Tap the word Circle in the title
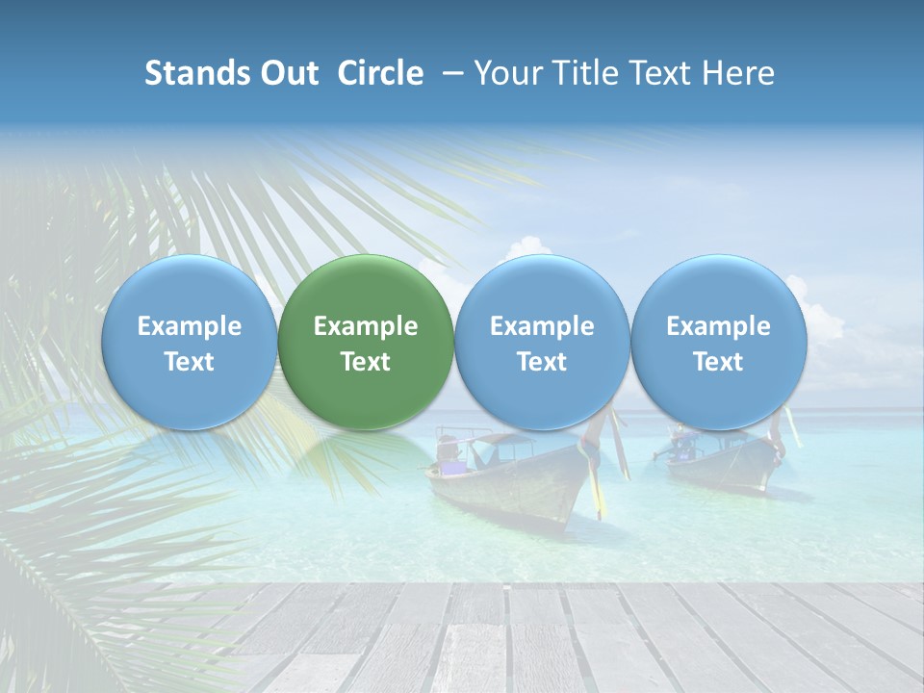[x=380, y=73]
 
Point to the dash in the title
[x=449, y=73]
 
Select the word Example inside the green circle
[x=366, y=326]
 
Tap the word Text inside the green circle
[x=366, y=362]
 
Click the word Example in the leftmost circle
[x=190, y=326]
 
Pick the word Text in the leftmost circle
[x=190, y=362]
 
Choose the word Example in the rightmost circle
[x=718, y=326]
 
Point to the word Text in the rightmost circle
[x=718, y=362]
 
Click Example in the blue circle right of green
[x=542, y=326]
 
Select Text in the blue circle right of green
[x=542, y=362]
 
